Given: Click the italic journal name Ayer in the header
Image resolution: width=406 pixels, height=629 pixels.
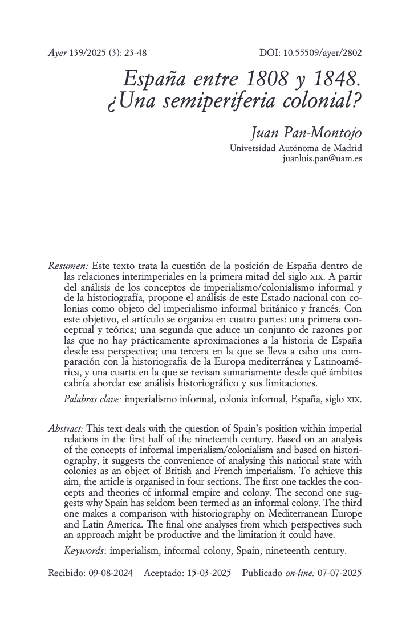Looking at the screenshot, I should coord(56,53).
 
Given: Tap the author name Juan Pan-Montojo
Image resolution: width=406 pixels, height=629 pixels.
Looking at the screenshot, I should coord(307,133).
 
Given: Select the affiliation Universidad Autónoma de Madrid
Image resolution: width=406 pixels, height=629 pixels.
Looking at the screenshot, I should coord(295,148).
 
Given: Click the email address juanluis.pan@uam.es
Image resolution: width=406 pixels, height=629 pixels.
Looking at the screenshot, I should coord(322,158).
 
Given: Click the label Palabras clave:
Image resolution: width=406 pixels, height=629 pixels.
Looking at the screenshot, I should coord(92,399).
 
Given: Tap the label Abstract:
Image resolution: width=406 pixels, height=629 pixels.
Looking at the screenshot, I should coord(66,428).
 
